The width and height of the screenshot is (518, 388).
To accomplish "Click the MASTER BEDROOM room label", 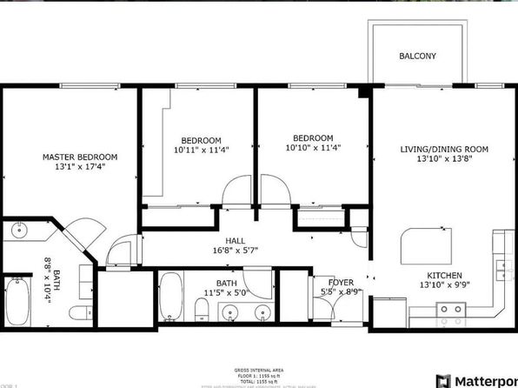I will (x=80, y=157).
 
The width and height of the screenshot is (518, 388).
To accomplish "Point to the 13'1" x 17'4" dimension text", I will (x=80, y=167).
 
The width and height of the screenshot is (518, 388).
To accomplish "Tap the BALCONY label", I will (x=417, y=57).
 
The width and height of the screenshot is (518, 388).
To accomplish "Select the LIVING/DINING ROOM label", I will (x=444, y=150).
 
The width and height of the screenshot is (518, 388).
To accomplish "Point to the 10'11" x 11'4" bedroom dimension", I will (x=201, y=151).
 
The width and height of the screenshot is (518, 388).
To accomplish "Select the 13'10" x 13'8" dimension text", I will (x=444, y=160).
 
